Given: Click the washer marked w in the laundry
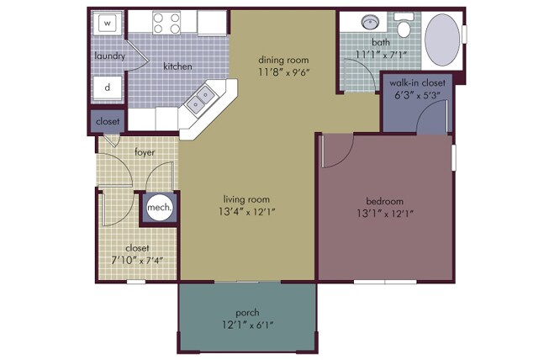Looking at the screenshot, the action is pos(108,23).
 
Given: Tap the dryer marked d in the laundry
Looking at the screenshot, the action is pos(108,87).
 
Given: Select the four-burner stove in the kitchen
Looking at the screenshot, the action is pos(166,23).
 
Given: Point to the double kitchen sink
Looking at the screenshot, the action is pos(199,99).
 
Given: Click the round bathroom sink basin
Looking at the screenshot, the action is pos(370,23).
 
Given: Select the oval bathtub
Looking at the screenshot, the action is pos(442,40).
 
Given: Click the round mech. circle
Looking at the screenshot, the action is pos(159,208).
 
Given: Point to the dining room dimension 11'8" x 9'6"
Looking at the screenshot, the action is pos(284,72).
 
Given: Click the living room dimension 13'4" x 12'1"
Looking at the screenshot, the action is pos(247,212).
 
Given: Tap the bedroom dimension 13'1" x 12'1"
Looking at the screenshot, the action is pos(384,214).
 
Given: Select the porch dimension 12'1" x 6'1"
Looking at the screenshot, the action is pos(248,325).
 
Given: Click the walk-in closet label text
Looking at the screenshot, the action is pos(417,82).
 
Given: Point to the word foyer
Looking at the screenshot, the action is pos(145,152).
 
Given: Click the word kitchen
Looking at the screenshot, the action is pos(177,66).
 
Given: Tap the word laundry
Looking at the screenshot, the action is pos(110,56).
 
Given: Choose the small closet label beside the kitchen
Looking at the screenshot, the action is pos(108,121).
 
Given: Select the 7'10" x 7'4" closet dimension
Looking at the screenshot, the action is pos(137,261).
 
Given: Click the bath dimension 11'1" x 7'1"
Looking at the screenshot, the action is pos(381,55).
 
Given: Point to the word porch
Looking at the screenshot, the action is pos(247,313).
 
